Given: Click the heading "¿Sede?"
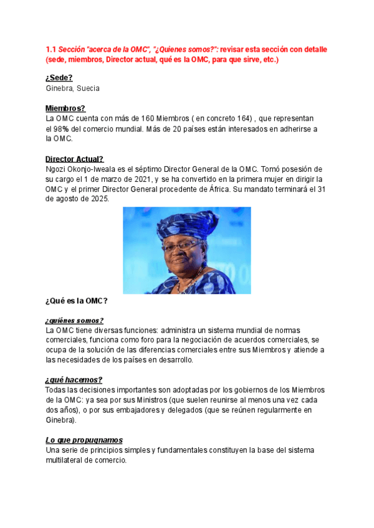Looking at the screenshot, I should coord(59,77).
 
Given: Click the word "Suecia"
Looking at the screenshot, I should coord(87,88).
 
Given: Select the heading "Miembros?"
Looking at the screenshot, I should coord(65,108).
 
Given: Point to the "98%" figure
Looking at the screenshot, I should coord(60,129).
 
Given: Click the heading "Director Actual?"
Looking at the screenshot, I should coord(75,159).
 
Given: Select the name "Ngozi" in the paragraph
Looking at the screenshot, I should coord(57,169).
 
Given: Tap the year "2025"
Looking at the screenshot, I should coord(98,199).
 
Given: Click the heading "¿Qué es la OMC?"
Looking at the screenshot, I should coord(77,301).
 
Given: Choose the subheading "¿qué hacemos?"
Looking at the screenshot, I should coord(74,380).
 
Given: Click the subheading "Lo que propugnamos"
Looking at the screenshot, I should coord(84,440).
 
